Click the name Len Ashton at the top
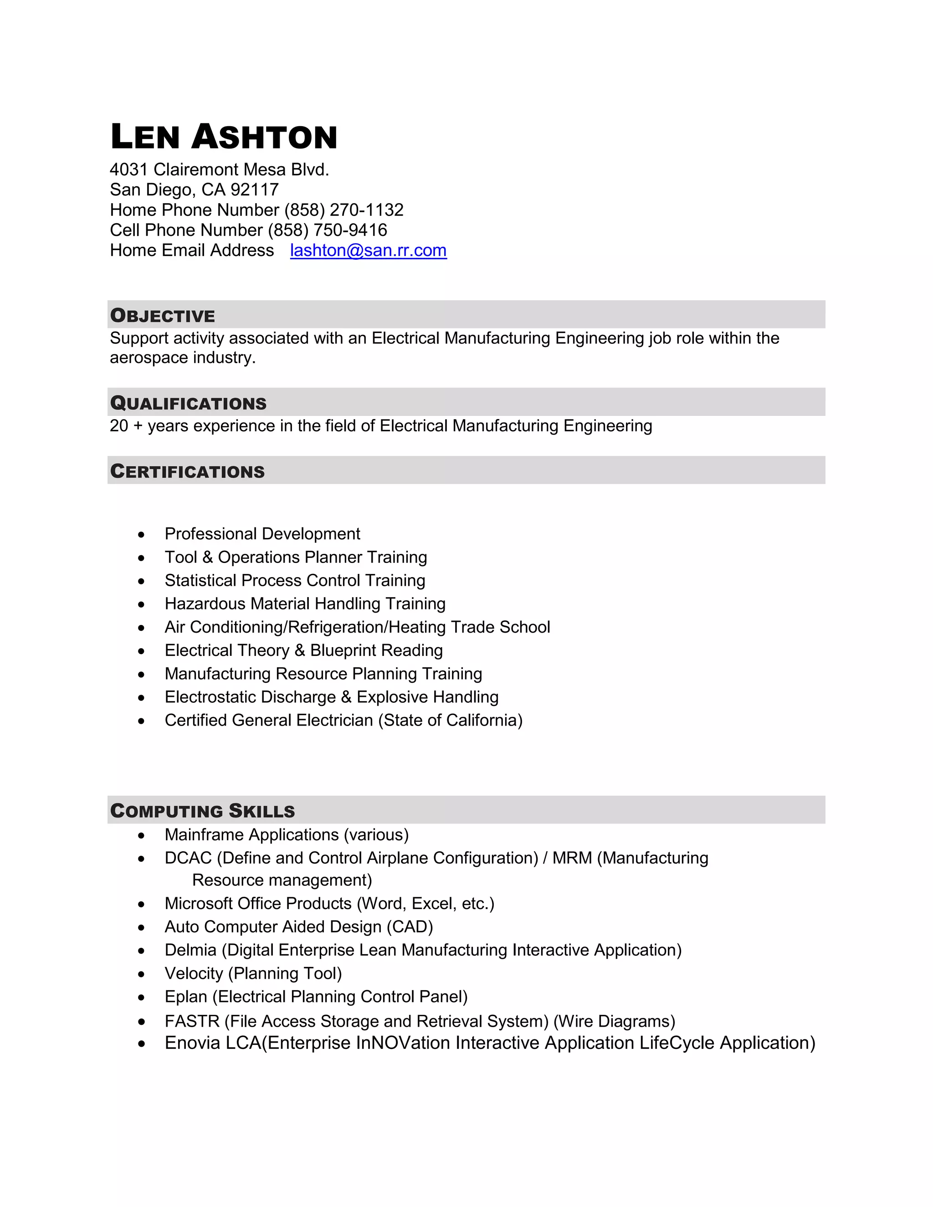coord(223,137)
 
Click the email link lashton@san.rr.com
coord(368,251)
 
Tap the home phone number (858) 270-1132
coord(344,210)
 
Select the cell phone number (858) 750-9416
coord(327,230)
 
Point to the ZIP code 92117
coord(254,189)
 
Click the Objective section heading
coord(163,316)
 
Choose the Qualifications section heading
coord(188,404)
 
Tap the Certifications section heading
coord(187,471)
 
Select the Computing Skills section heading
coord(202,811)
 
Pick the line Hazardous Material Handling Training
coord(305,603)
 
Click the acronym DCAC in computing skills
coord(188,858)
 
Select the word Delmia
coord(191,950)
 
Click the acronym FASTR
coord(192,1021)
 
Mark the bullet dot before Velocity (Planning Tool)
coord(142,974)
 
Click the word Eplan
coord(186,997)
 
